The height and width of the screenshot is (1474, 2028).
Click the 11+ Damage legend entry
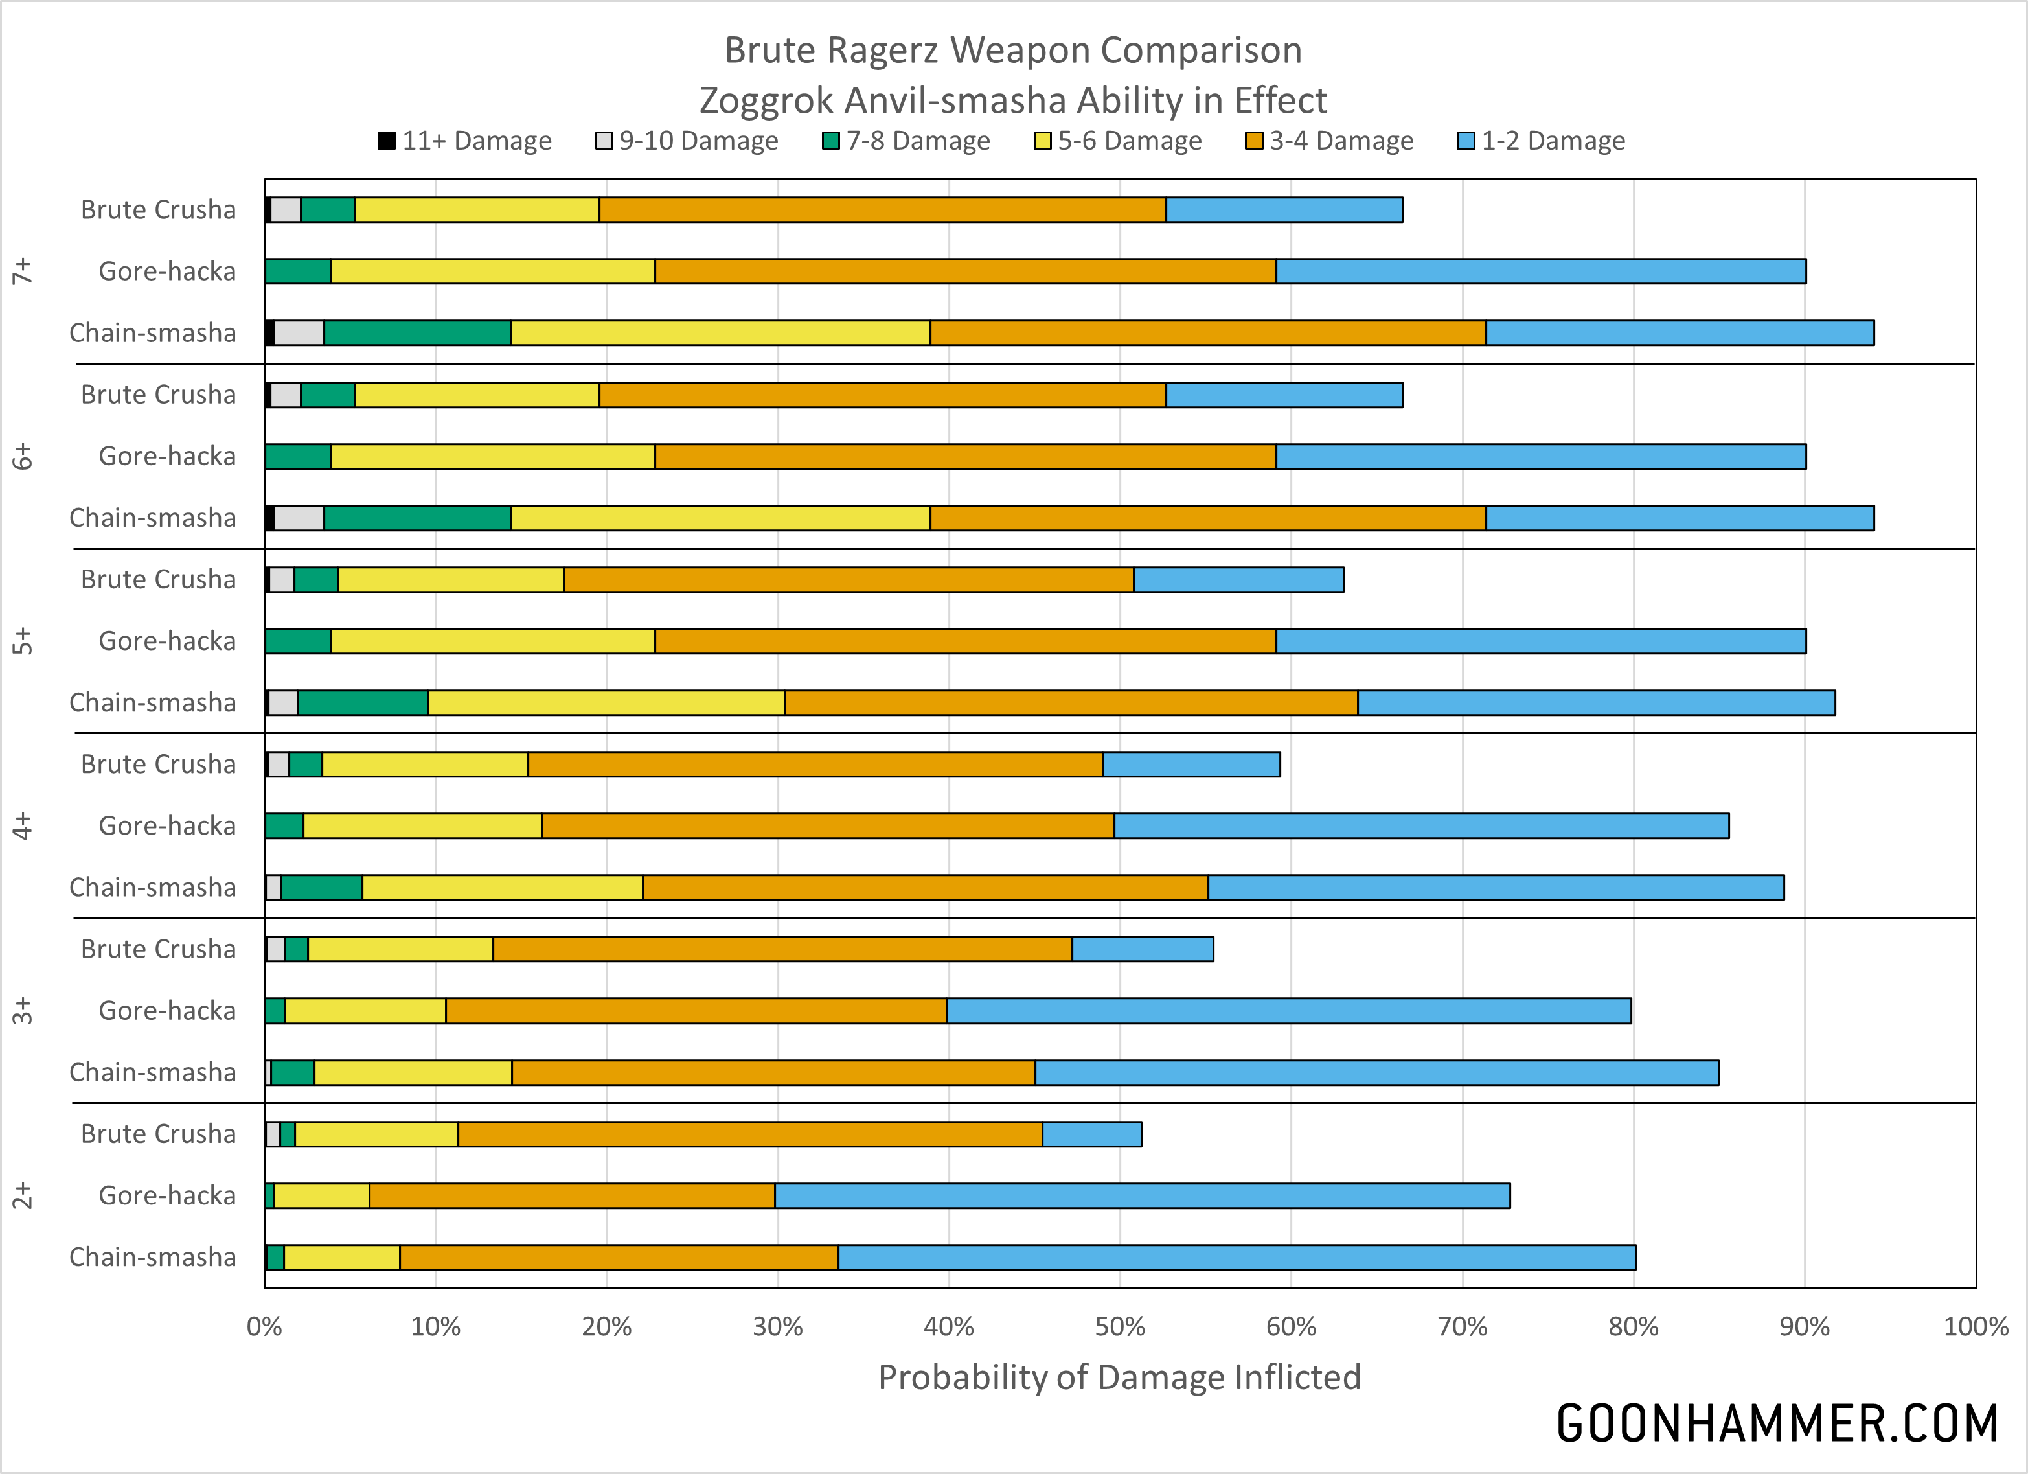click(x=465, y=141)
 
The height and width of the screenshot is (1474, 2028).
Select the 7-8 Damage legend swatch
click(x=830, y=141)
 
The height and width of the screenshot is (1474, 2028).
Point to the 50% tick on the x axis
click(x=1119, y=1326)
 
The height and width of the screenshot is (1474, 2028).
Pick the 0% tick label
click(x=265, y=1326)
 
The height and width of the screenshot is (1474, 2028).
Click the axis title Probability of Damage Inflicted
click(x=1119, y=1377)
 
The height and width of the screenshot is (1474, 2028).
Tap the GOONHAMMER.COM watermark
click(x=1777, y=1424)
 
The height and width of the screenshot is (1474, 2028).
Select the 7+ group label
click(x=23, y=271)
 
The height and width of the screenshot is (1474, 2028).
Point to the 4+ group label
click(x=23, y=825)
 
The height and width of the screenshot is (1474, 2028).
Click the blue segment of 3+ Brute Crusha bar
click(x=1142, y=949)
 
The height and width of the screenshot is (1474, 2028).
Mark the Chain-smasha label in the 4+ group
click(x=153, y=887)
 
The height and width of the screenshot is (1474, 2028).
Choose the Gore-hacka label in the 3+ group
click(x=167, y=1011)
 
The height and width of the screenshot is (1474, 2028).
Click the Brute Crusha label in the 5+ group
click(x=158, y=580)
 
